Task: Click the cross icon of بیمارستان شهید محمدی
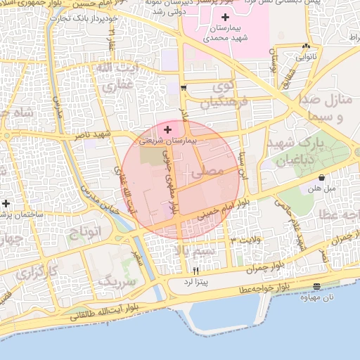225,17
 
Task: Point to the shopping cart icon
184,89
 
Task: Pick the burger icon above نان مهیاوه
316,286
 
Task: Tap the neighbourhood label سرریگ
116,281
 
